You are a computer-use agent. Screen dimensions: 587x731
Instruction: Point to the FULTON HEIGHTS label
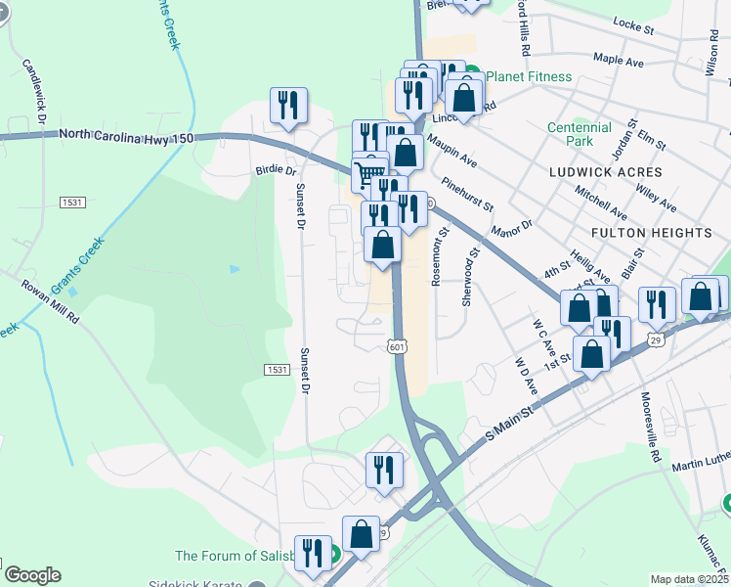[x=651, y=233]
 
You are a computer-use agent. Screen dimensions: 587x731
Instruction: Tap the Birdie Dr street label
[x=275, y=169]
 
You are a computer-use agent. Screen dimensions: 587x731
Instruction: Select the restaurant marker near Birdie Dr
[x=288, y=105]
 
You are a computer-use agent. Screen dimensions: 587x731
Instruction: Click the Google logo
[x=32, y=575]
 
